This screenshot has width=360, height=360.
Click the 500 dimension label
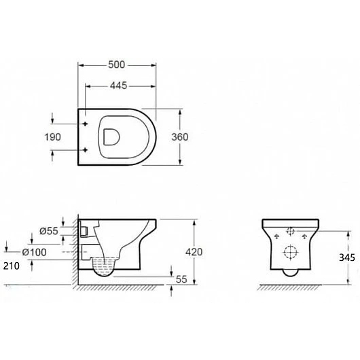coord(117,65)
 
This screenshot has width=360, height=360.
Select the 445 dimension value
coord(118,86)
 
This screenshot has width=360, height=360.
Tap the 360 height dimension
coord(180,137)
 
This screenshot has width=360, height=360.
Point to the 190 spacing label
coord(52,137)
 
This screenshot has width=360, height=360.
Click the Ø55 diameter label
coord(49,231)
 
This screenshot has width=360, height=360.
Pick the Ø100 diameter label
coord(35,252)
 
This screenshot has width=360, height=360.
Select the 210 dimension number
coord(12,266)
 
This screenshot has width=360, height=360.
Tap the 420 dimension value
coord(194,252)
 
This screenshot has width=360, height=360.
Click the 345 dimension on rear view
coord(347,257)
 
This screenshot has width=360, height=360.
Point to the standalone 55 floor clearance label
coord(181,279)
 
